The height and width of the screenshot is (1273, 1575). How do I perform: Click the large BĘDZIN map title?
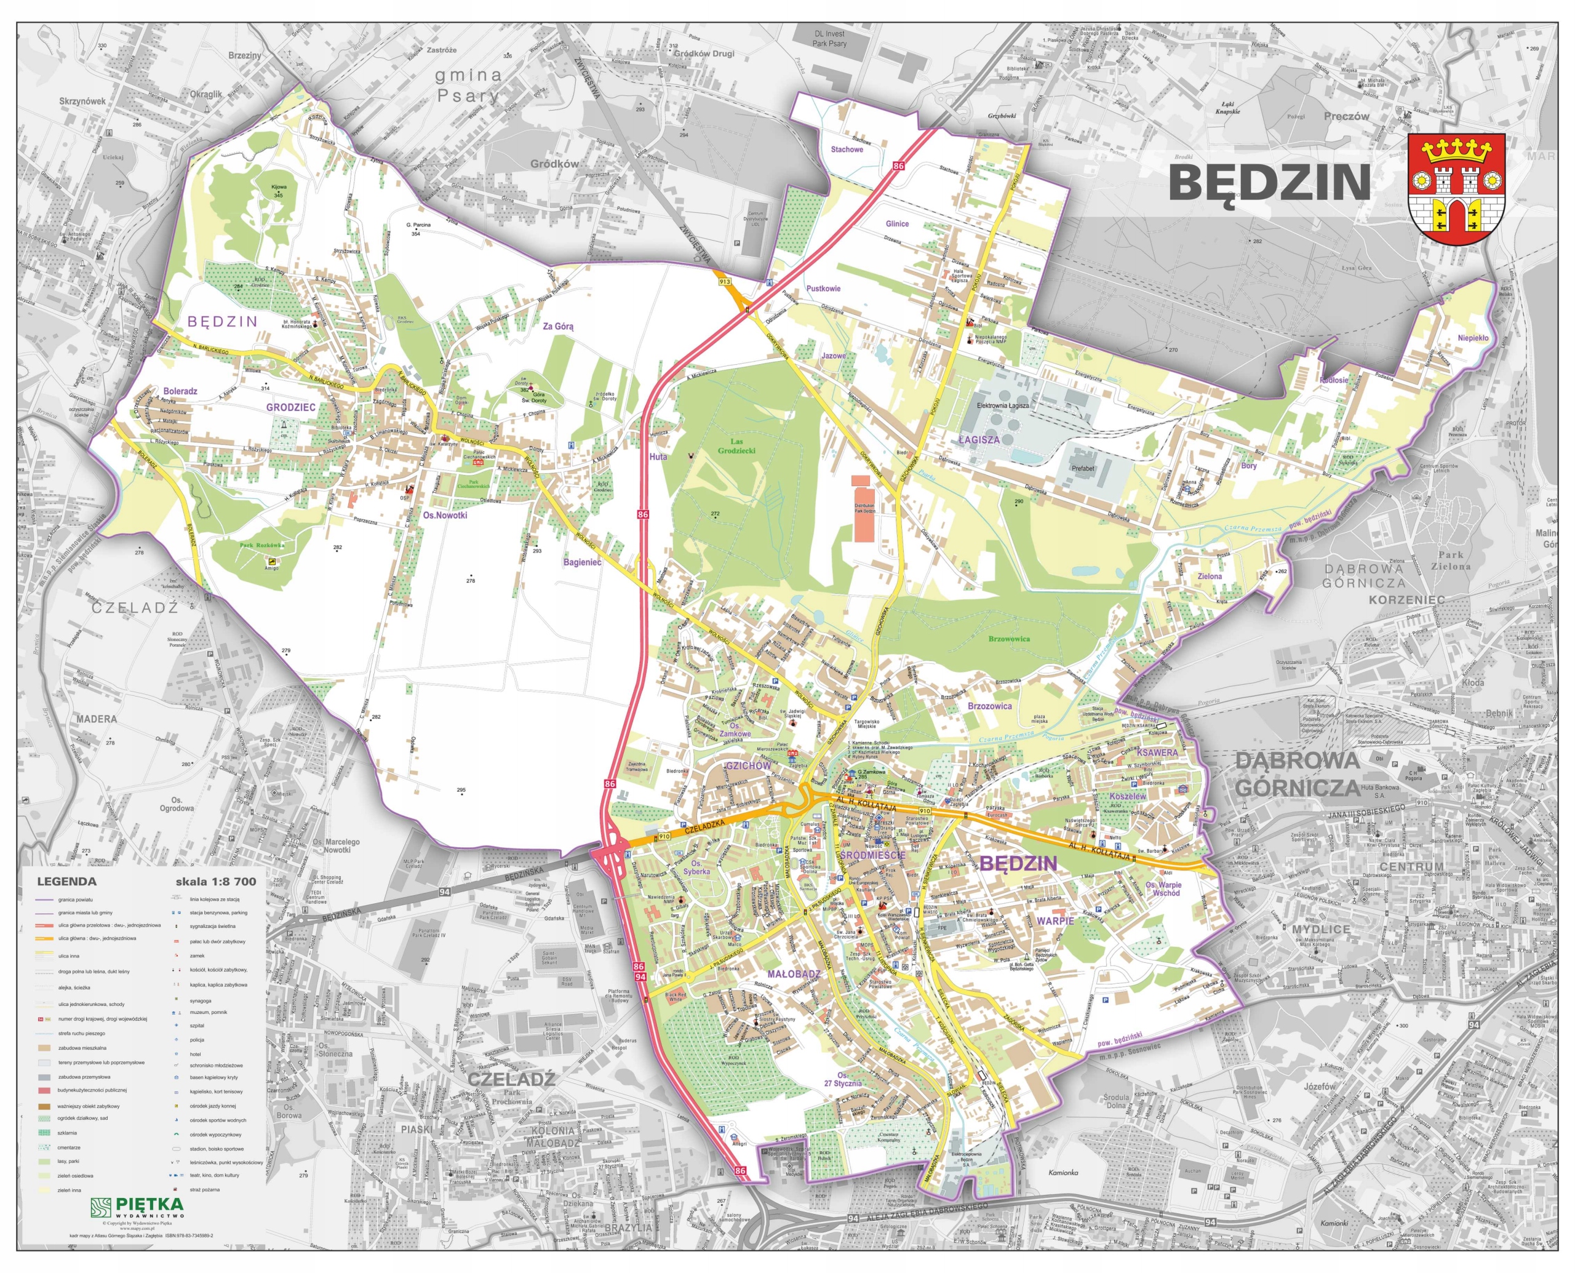click(x=1269, y=183)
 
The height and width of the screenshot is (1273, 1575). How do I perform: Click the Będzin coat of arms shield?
click(x=1456, y=189)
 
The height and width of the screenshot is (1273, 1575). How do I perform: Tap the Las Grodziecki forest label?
click(x=736, y=446)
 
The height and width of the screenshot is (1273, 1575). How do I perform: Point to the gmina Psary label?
click(x=468, y=84)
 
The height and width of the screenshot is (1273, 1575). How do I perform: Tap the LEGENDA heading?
click(x=66, y=882)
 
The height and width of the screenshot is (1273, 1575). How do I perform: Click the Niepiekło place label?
click(x=1473, y=338)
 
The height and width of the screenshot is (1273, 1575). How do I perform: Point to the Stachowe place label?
click(x=847, y=150)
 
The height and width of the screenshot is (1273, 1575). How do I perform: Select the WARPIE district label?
click(x=1055, y=921)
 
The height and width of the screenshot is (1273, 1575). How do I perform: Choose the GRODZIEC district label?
click(x=290, y=407)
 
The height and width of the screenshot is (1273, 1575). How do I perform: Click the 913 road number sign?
click(x=725, y=282)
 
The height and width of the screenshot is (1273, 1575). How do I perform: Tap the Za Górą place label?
click(x=558, y=326)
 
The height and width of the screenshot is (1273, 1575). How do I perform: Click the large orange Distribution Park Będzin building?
click(x=864, y=509)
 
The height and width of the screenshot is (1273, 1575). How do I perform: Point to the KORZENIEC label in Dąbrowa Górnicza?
click(x=1406, y=600)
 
